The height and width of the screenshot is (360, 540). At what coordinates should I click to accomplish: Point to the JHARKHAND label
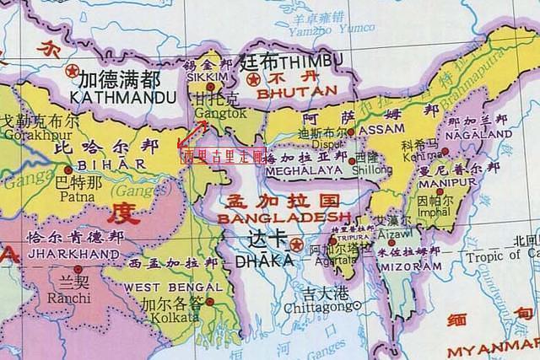pyautogui.click(x=72, y=253)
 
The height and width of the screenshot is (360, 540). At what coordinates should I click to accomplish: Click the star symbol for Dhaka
pyautogui.click(x=294, y=244)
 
